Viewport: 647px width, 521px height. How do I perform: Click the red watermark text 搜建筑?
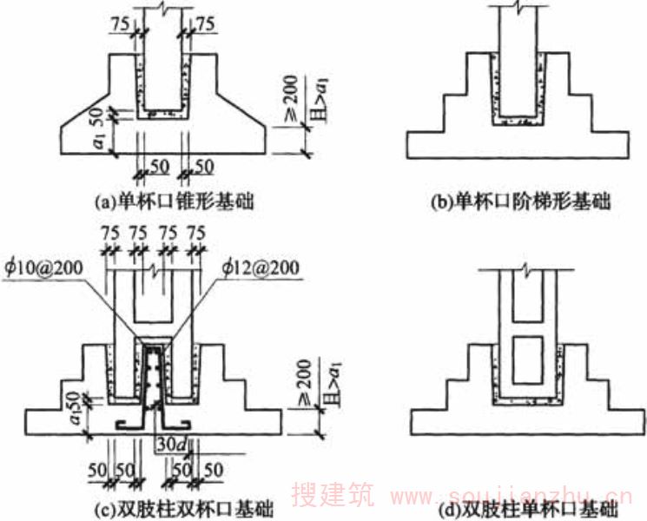click(x=334, y=496)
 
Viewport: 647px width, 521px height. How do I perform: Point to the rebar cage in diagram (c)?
click(x=154, y=379)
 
